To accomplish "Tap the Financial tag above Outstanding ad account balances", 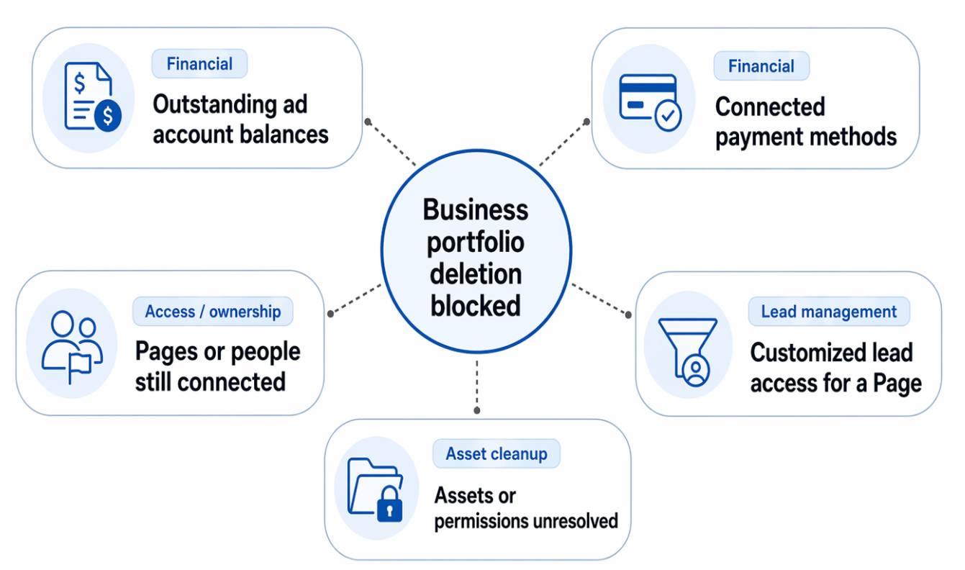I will pos(199,64).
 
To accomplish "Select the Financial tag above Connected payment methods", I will pos(761,66).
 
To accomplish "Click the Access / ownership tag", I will pos(212,312).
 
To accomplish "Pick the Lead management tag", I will pos(828,312).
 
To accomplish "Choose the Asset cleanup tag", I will pos(496,454).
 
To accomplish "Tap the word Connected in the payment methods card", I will pos(769,107).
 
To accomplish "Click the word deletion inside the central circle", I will pos(476,274).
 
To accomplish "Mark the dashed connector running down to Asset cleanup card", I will pos(476,385).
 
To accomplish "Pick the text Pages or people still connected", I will pos(217,366).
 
